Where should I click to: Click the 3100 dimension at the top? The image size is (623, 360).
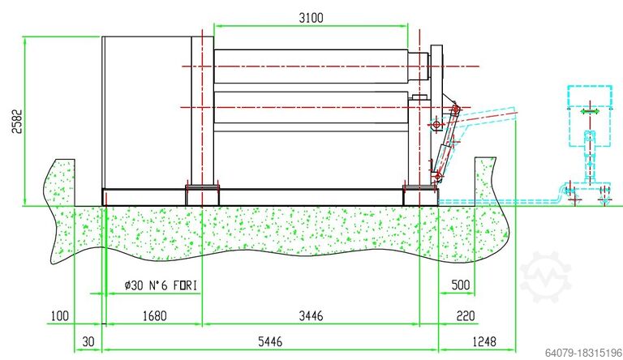point(311,18)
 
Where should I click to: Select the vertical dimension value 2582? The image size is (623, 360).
point(17,121)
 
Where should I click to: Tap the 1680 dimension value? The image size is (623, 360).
point(155,316)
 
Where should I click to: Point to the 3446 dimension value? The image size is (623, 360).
point(311,316)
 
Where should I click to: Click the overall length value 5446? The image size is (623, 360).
point(270,341)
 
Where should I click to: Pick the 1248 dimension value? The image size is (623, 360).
point(484,341)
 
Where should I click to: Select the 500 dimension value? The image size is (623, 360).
point(461,285)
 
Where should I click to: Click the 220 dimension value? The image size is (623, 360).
point(466,316)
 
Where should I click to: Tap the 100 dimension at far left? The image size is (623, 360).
point(59,316)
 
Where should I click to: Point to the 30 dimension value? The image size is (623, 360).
point(88,341)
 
